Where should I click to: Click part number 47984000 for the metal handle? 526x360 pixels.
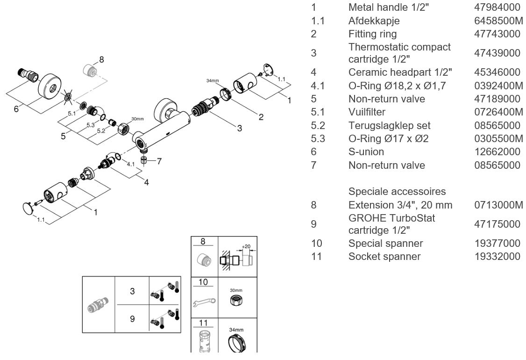[497, 8]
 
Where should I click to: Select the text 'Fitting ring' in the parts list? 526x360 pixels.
[372, 34]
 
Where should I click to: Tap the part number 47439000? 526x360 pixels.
[497, 53]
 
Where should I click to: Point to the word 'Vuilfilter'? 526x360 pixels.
[367, 112]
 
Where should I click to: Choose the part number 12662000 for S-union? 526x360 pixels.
[497, 152]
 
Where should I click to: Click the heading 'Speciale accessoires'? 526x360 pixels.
[397, 192]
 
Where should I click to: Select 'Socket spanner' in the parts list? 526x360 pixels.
[384, 257]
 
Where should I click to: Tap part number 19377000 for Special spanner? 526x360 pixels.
[497, 244]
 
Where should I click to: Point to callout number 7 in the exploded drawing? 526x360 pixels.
[159, 162]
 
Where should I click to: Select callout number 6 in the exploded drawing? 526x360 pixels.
[16, 108]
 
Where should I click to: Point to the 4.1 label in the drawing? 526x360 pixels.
[131, 164]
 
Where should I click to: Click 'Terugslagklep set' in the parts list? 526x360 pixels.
[389, 126]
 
